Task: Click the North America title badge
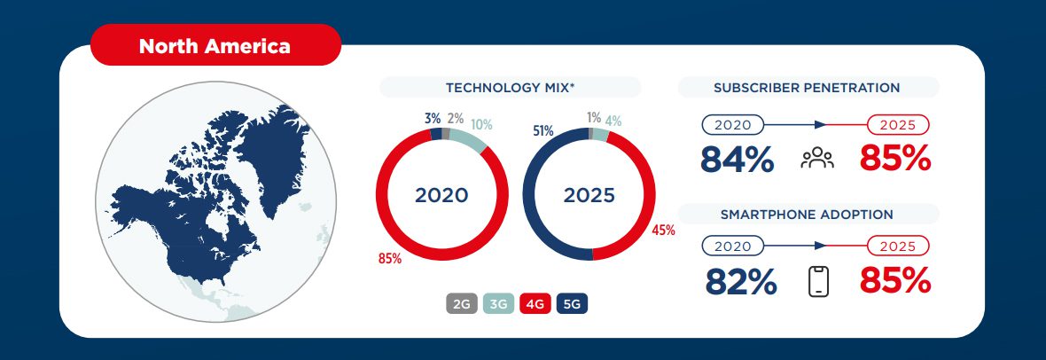pyautogui.click(x=215, y=46)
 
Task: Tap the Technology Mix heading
pyautogui.click(x=510, y=87)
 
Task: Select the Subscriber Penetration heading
pyautogui.click(x=807, y=87)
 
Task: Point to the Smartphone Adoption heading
pyautogui.click(x=807, y=214)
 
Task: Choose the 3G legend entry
pyautogui.click(x=498, y=304)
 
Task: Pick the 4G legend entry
pyautogui.click(x=535, y=304)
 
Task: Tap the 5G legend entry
pyautogui.click(x=572, y=304)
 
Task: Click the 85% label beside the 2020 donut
pyautogui.click(x=390, y=259)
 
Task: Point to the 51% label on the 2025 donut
pyautogui.click(x=543, y=131)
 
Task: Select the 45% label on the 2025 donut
pyautogui.click(x=663, y=231)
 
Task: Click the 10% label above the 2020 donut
pyautogui.click(x=481, y=124)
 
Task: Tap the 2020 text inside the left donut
pyautogui.click(x=441, y=195)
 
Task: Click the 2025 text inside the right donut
pyautogui.click(x=589, y=195)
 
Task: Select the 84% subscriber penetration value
pyautogui.click(x=737, y=160)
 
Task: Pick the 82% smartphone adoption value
pyautogui.click(x=741, y=282)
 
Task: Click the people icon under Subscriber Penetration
pyautogui.click(x=816, y=160)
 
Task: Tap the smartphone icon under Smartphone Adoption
pyautogui.click(x=818, y=282)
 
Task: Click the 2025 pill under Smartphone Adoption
pyautogui.click(x=897, y=246)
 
